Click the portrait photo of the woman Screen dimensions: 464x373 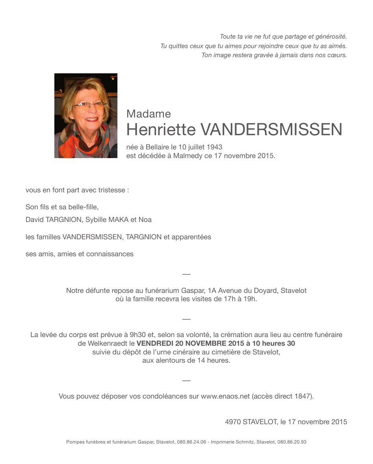(x=85, y=116)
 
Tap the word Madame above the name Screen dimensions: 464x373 (x=148, y=114)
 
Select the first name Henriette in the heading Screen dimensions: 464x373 (x=161, y=129)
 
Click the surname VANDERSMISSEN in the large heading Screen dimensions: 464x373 (x=271, y=129)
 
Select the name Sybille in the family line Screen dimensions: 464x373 (x=96, y=220)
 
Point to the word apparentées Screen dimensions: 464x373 (x=191, y=237)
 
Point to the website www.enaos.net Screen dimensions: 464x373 (x=225, y=396)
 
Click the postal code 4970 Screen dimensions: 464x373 (x=233, y=422)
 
